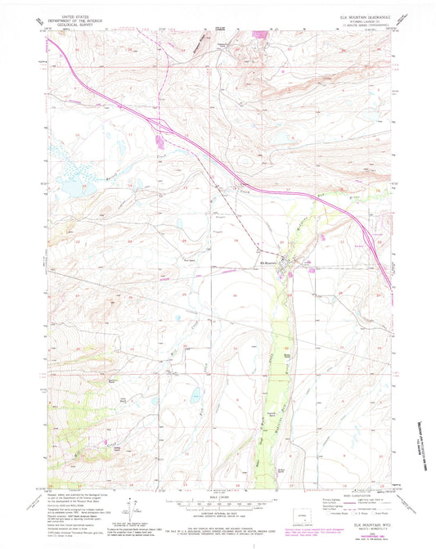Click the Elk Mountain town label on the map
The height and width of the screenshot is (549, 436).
(x=269, y=263)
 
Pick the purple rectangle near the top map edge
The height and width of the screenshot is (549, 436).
(x=262, y=34)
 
